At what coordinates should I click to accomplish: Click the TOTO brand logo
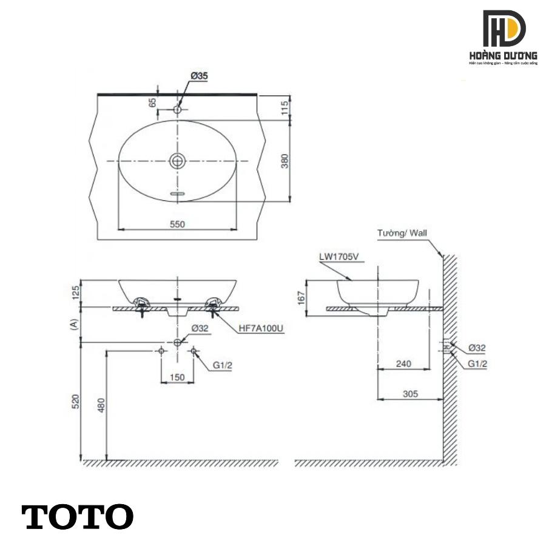pyautogui.click(x=78, y=517)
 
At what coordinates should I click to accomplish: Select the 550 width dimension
pyautogui.click(x=177, y=224)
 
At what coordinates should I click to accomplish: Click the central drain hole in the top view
pyautogui.click(x=177, y=161)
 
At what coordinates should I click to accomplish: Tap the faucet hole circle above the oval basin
pyautogui.click(x=177, y=110)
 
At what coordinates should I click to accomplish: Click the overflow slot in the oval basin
pyautogui.click(x=177, y=194)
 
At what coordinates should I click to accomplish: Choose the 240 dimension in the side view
pyautogui.click(x=403, y=364)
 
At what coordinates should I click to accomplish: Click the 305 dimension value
pyautogui.click(x=410, y=394)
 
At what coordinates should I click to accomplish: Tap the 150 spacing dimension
pyautogui.click(x=177, y=377)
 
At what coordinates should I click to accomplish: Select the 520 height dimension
pyautogui.click(x=75, y=401)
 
